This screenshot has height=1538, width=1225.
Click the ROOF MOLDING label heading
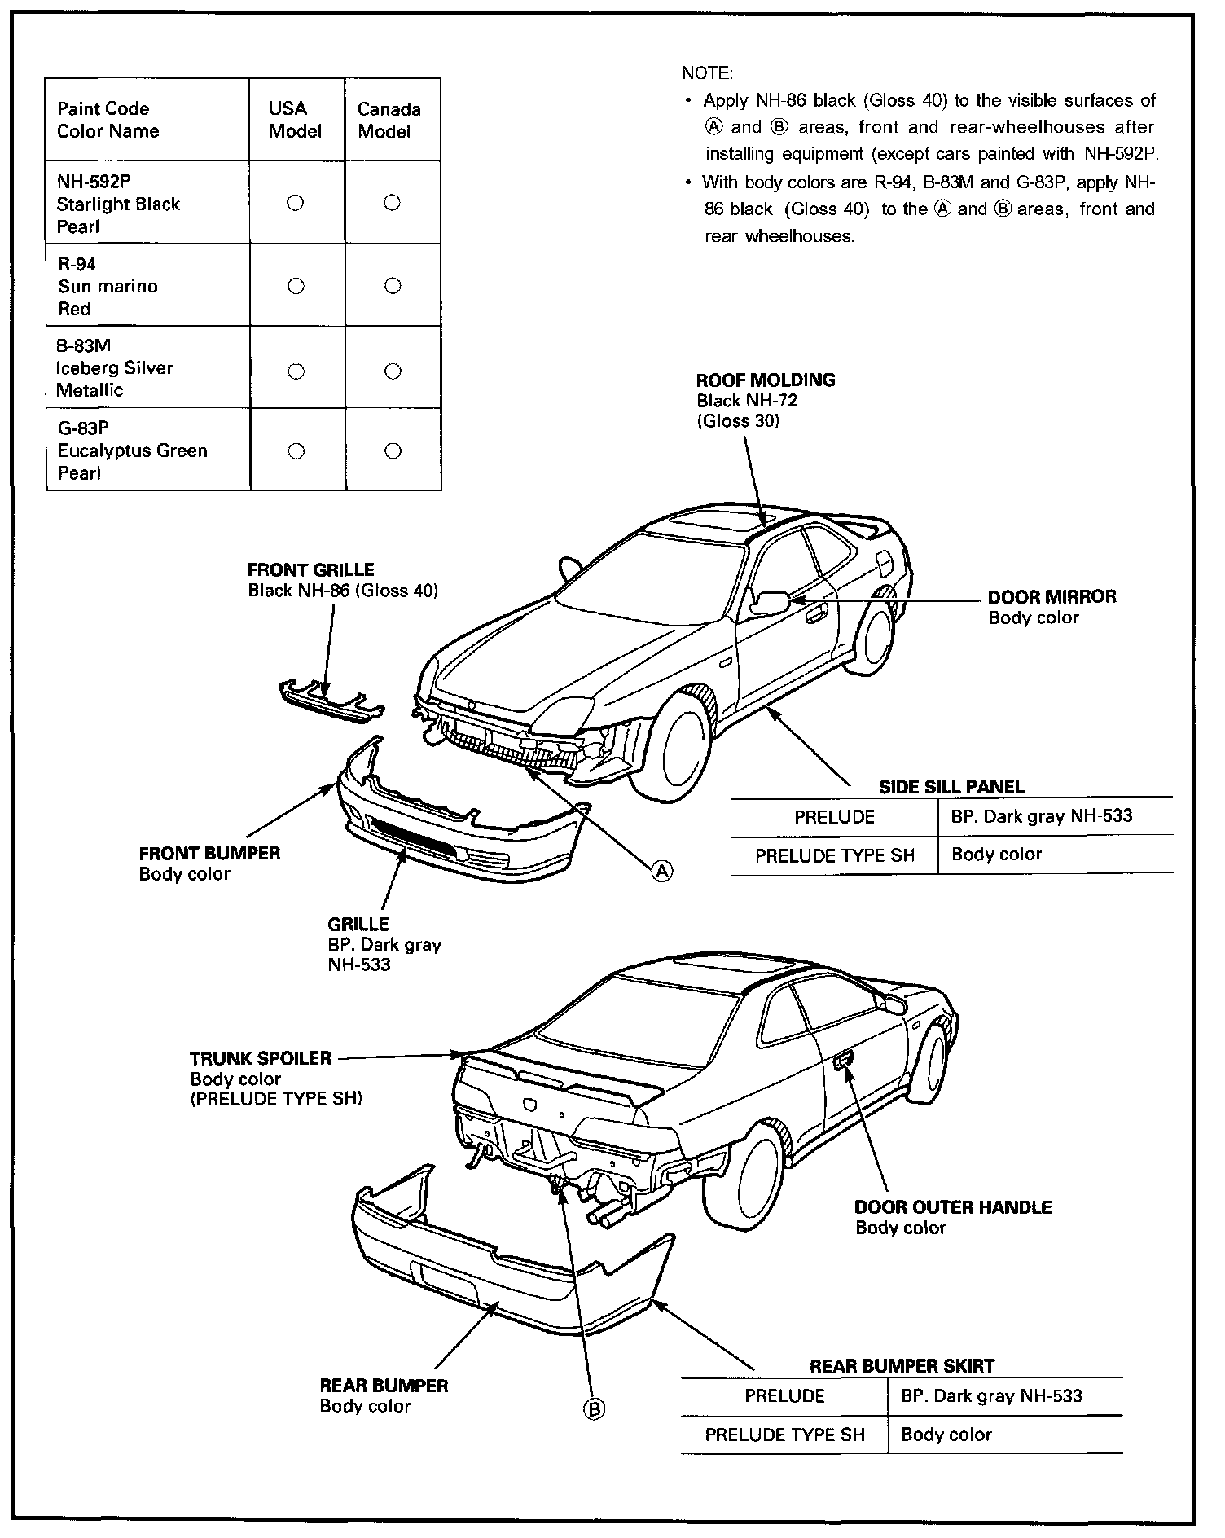766,380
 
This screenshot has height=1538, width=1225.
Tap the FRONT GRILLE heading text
310,570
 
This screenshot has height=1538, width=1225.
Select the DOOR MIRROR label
1052,597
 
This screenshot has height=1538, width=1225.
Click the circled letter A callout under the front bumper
663,872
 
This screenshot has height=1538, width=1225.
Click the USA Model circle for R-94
296,286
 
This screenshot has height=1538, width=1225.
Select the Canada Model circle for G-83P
393,451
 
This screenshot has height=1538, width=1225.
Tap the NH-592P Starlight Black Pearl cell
118,204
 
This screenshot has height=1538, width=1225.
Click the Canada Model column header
389,121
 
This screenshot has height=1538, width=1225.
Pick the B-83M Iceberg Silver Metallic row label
114,368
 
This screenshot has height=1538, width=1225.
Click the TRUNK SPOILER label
261,1058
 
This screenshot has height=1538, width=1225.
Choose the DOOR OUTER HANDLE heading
953,1206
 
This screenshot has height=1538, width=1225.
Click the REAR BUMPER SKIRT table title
902,1366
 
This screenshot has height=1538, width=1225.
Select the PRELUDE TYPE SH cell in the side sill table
834,855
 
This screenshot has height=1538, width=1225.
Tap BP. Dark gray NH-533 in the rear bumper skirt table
991,1396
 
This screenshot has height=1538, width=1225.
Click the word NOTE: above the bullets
707,73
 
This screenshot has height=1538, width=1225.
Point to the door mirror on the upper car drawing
769,603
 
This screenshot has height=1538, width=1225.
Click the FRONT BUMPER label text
209,854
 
